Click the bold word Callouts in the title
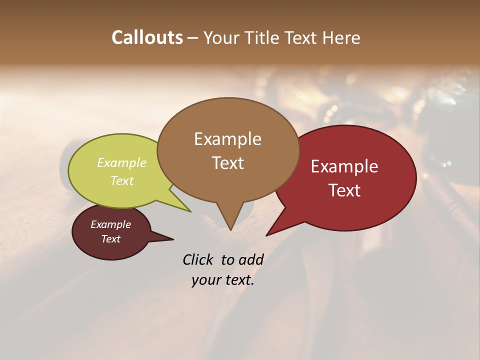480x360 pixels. tap(147, 37)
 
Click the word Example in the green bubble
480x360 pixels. tap(122, 162)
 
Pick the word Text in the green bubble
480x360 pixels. tap(122, 180)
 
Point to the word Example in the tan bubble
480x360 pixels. tap(227, 139)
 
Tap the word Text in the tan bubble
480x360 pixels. tap(227, 163)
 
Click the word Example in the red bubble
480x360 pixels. tap(344, 166)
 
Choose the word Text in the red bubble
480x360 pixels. tap(344, 190)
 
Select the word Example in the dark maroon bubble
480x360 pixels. tap(111, 224)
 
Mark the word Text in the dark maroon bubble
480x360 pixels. tap(111, 239)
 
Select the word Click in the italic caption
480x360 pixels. tap(198, 259)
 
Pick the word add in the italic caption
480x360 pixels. tap(250, 259)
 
